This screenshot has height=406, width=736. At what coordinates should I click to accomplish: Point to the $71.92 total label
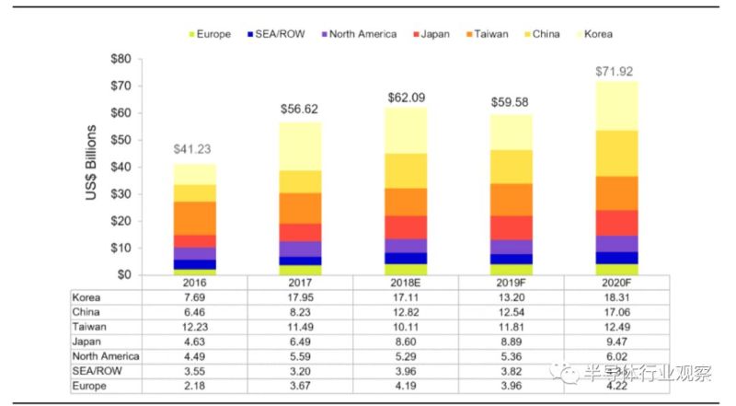tap(615, 71)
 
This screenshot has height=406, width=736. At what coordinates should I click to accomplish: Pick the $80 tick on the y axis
tap(121, 60)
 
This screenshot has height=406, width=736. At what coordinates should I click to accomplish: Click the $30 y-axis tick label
tap(121, 194)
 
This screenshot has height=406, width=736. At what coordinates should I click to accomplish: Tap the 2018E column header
tap(405, 283)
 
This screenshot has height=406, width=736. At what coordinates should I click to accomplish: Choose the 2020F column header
tap(614, 283)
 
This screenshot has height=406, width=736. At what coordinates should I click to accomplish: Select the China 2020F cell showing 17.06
tap(614, 312)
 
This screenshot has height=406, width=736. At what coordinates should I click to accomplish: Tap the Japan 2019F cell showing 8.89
tap(510, 342)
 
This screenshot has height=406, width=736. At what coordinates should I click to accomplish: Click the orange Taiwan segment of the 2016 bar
tap(195, 218)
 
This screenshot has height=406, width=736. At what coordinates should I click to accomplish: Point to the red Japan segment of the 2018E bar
tap(405, 227)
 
